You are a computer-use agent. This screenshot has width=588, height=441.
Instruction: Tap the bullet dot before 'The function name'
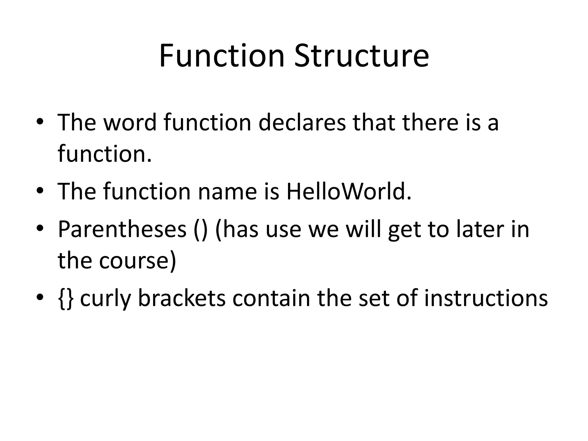pyautogui.click(x=40, y=191)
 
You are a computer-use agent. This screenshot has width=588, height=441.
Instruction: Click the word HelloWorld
pyautogui.click(x=349, y=191)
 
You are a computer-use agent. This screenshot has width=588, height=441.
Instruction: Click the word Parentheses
pyautogui.click(x=122, y=229)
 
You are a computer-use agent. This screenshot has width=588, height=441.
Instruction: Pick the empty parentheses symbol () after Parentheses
pyautogui.click(x=200, y=230)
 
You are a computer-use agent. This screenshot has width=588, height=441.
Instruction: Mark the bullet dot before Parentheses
pyautogui.click(x=40, y=229)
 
